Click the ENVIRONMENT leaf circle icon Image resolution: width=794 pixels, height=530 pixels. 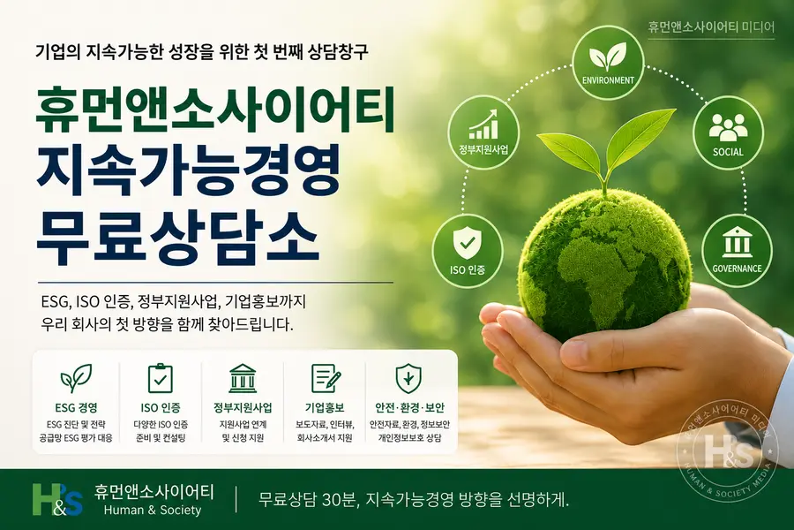click(x=608, y=63)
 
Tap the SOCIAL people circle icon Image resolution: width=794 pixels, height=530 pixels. click(x=728, y=132)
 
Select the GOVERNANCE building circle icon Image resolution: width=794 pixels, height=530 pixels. click(x=737, y=251)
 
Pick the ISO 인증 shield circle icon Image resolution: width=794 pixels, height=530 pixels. click(x=468, y=252)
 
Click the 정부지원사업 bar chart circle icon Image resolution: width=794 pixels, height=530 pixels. click(x=483, y=132)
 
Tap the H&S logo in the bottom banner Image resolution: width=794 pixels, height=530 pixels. click(x=57, y=500)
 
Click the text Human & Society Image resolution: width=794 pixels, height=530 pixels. click(x=152, y=511)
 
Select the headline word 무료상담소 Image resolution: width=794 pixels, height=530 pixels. click(x=177, y=237)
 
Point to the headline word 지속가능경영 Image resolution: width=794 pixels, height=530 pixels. click(x=188, y=173)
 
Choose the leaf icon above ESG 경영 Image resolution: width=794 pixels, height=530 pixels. click(x=76, y=378)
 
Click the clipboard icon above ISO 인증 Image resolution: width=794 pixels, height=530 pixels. click(x=161, y=378)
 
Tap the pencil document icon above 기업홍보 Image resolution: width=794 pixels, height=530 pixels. click(x=325, y=378)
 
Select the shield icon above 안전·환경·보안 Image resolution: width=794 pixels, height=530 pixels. click(x=408, y=378)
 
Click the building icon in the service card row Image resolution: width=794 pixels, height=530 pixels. click(x=243, y=378)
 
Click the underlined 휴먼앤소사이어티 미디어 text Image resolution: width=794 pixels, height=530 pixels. click(x=711, y=26)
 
